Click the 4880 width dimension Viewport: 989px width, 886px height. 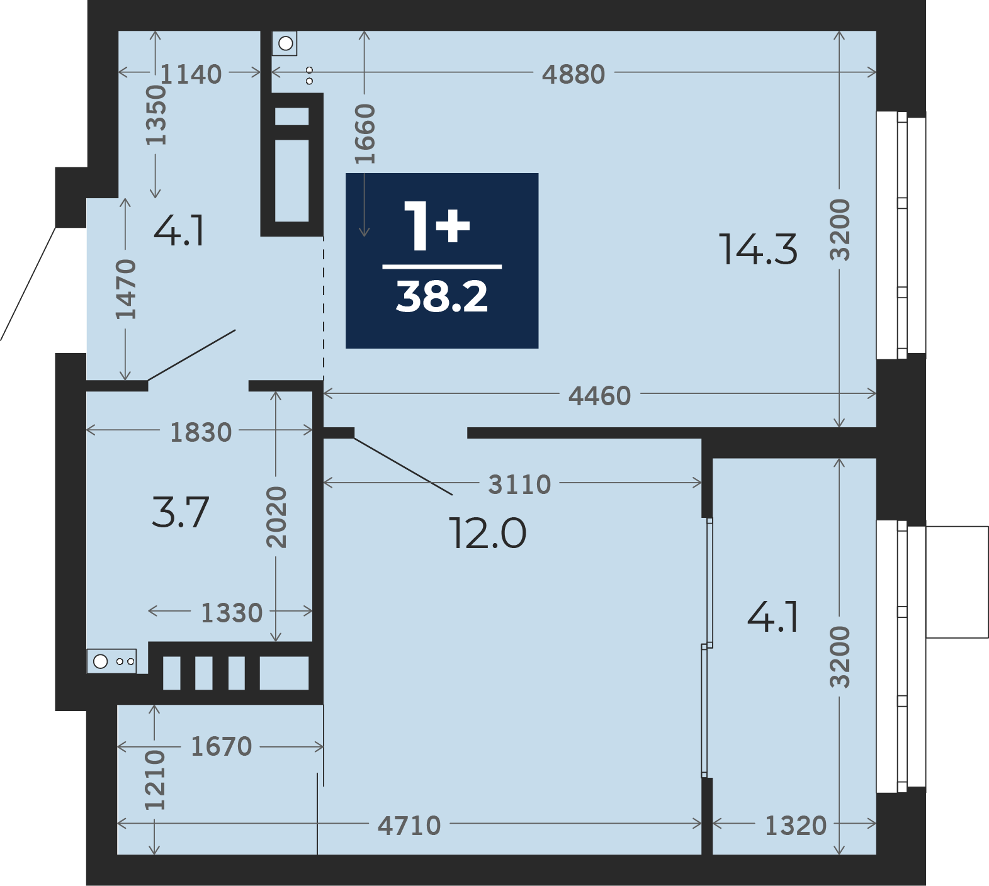tap(574, 74)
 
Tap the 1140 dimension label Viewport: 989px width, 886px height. tap(191, 74)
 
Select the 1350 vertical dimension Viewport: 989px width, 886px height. tap(155, 115)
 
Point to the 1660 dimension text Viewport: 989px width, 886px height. tap(365, 134)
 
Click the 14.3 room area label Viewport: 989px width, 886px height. tap(758, 249)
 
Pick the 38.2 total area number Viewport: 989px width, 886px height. tap(442, 297)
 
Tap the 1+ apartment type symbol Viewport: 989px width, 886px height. tap(437, 225)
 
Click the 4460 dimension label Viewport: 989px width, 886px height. tap(599, 396)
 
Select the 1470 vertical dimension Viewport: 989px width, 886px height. tap(126, 289)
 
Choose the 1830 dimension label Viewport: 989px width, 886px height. tap(201, 432)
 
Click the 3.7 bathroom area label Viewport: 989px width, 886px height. tap(180, 512)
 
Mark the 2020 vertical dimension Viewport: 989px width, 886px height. tap(276, 517)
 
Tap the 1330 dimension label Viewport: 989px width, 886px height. tap(232, 613)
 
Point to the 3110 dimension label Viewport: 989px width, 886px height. tap(520, 485)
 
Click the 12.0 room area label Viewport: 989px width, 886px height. tap(487, 534)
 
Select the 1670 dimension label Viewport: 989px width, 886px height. tap(221, 747)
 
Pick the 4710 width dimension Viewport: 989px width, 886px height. tap(409, 826)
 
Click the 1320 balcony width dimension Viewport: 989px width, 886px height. tap(796, 826)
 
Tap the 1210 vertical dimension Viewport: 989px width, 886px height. tap(155, 780)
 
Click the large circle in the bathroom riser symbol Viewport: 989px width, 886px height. tap(101, 661)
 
